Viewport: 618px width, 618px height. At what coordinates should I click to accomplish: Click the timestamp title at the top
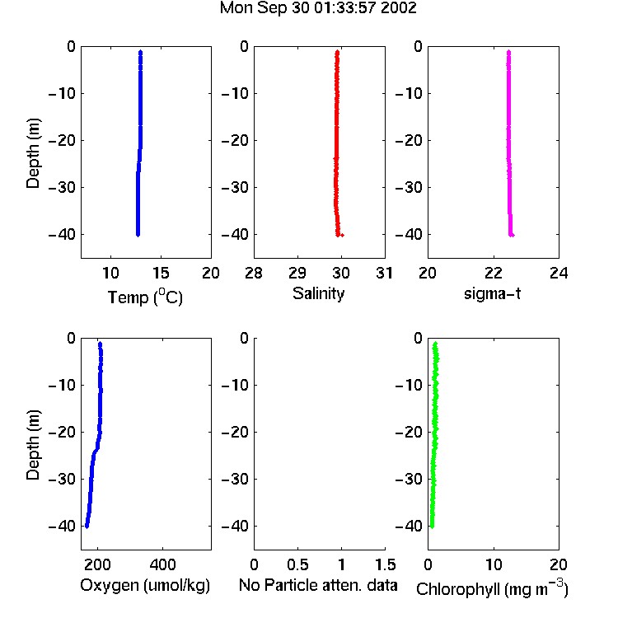click(x=318, y=8)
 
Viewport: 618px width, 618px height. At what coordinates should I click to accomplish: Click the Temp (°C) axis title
click(x=145, y=297)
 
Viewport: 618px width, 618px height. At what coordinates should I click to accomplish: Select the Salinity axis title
click(x=318, y=294)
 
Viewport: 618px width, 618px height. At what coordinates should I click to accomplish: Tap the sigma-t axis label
click(x=492, y=293)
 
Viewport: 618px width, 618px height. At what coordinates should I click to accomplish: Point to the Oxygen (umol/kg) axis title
click(x=145, y=586)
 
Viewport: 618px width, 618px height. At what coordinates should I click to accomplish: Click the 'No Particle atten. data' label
click(x=318, y=585)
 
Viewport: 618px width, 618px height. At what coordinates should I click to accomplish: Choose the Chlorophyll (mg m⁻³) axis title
click(x=492, y=588)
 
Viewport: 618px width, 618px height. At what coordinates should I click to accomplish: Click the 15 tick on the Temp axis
click(x=161, y=273)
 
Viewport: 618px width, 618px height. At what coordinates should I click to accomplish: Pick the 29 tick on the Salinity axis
click(x=297, y=273)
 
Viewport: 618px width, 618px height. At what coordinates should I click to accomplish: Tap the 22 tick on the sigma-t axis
click(x=494, y=273)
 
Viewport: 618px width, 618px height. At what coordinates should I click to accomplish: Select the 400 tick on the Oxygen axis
click(x=163, y=564)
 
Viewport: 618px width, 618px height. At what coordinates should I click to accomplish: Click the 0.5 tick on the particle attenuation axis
click(x=297, y=564)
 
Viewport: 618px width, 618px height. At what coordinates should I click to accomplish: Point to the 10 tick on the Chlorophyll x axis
click(x=494, y=564)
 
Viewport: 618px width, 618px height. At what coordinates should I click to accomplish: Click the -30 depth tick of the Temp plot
click(x=62, y=187)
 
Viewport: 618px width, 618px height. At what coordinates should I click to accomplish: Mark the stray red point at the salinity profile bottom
click(x=342, y=236)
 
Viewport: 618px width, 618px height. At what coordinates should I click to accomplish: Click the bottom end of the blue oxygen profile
click(x=87, y=526)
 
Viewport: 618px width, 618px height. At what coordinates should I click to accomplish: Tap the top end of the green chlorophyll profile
click(x=435, y=344)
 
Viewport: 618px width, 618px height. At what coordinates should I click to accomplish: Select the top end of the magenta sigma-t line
click(x=509, y=52)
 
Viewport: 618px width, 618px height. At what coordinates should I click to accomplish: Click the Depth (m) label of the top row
click(x=33, y=153)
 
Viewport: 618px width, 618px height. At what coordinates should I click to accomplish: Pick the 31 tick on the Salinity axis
click(x=385, y=273)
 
